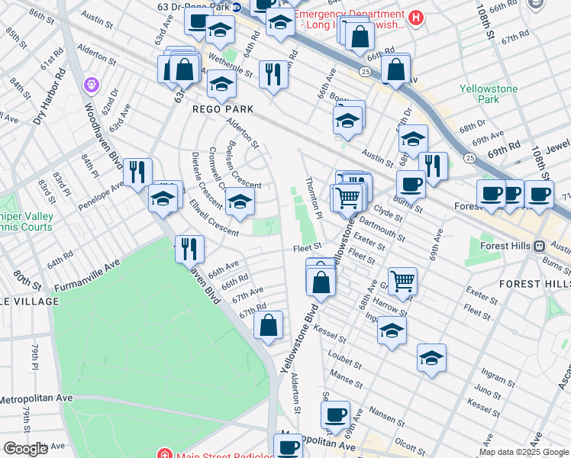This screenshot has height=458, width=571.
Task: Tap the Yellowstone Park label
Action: tap(489, 94)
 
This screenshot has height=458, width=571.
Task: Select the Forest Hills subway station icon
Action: tap(540, 246)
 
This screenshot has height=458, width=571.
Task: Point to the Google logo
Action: tap(25, 449)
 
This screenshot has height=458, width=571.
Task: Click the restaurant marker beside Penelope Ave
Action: tap(137, 171)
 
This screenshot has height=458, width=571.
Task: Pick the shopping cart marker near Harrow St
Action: tap(402, 280)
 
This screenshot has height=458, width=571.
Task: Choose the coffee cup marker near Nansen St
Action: tap(334, 414)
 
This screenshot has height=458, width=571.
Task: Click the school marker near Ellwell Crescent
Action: tap(240, 202)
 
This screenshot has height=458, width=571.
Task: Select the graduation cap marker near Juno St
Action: tap(431, 357)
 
